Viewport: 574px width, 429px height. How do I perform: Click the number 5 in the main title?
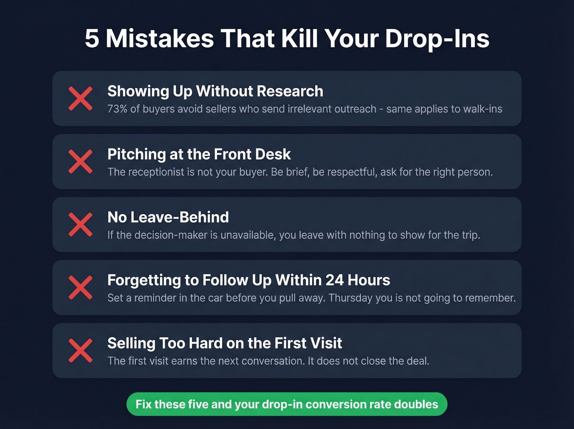pos(92,39)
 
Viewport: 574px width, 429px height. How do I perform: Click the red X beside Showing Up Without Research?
pos(80,99)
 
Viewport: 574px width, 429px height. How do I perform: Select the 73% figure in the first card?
pos(117,109)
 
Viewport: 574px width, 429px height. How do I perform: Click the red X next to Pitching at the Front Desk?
pos(80,161)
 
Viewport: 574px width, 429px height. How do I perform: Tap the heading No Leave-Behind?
pos(168,217)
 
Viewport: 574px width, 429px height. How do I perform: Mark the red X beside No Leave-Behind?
pos(80,225)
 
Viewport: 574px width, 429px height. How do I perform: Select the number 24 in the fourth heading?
pos(335,280)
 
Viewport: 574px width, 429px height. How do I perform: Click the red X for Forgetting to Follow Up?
pos(80,287)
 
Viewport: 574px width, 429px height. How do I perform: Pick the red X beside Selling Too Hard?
pos(80,351)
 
